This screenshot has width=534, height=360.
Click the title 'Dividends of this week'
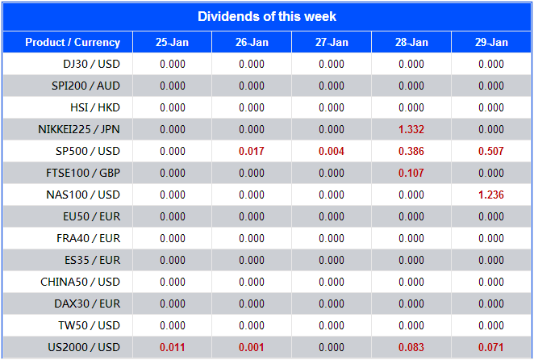pos(267,16)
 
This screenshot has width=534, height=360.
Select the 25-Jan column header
pos(172,43)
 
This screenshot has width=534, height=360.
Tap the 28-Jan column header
pos(411,43)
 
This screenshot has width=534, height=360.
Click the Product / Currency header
pos(73,43)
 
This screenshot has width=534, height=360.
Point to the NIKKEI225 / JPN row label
pos(79,129)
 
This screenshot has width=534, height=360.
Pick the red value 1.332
pos(411,129)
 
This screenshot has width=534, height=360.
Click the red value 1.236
pos(491,195)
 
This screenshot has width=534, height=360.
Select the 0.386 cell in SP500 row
pos(411,151)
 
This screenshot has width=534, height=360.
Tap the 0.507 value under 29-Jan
pos(491,151)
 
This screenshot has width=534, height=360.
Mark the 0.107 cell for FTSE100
pos(411,173)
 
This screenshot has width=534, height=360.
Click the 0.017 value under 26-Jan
pos(252,151)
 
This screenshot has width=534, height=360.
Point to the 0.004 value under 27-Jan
pos(332,151)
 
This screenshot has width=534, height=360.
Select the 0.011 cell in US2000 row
pos(172,347)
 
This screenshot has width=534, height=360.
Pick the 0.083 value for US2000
pos(411,347)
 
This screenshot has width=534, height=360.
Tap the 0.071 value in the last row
pos(491,347)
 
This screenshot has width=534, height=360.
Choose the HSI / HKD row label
pos(95,107)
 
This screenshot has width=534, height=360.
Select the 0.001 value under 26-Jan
pos(252,347)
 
